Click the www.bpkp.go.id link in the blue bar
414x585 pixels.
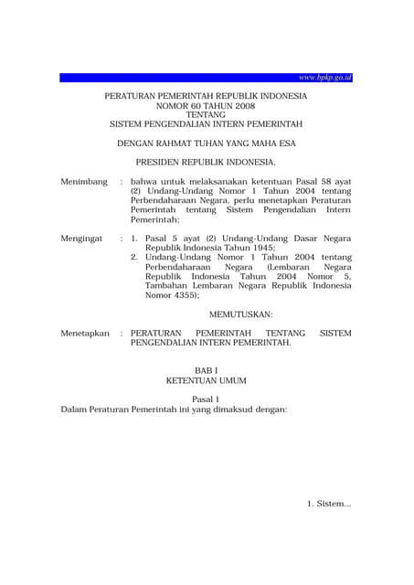click(325, 79)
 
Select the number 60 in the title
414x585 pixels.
click(197, 105)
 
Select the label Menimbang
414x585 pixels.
click(83, 181)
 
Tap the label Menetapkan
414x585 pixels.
click(85, 334)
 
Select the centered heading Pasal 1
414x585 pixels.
click(207, 399)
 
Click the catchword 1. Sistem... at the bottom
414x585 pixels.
click(329, 504)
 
